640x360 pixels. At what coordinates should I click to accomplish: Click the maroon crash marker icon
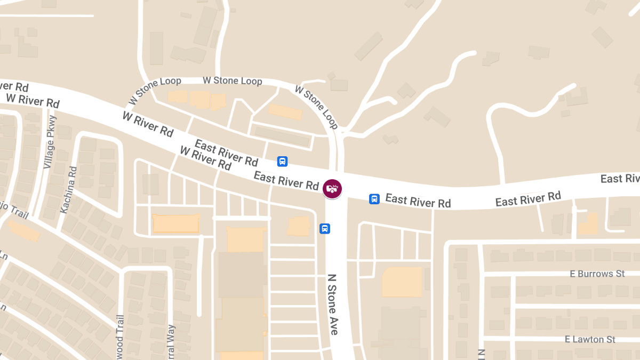(332, 188)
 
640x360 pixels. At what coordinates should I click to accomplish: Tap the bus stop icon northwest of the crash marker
(282, 161)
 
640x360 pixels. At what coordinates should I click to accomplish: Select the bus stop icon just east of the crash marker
(374, 199)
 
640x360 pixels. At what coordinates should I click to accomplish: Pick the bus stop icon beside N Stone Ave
(324, 228)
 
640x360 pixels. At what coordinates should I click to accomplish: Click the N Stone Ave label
(333, 305)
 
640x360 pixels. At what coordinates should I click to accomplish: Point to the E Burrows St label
(597, 274)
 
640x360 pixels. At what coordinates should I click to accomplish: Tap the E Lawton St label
(590, 339)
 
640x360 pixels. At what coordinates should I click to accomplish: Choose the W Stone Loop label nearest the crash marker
(316, 107)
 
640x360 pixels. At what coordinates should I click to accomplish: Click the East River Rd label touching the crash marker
(286, 180)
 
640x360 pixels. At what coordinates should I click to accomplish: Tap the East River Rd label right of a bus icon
(418, 201)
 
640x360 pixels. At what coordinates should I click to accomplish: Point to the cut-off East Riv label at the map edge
(620, 178)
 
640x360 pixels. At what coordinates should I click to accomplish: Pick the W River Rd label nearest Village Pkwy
(33, 100)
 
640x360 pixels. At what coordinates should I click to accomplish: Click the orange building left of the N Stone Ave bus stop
(299, 226)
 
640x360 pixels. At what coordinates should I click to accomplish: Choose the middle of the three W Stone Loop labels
(232, 81)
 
